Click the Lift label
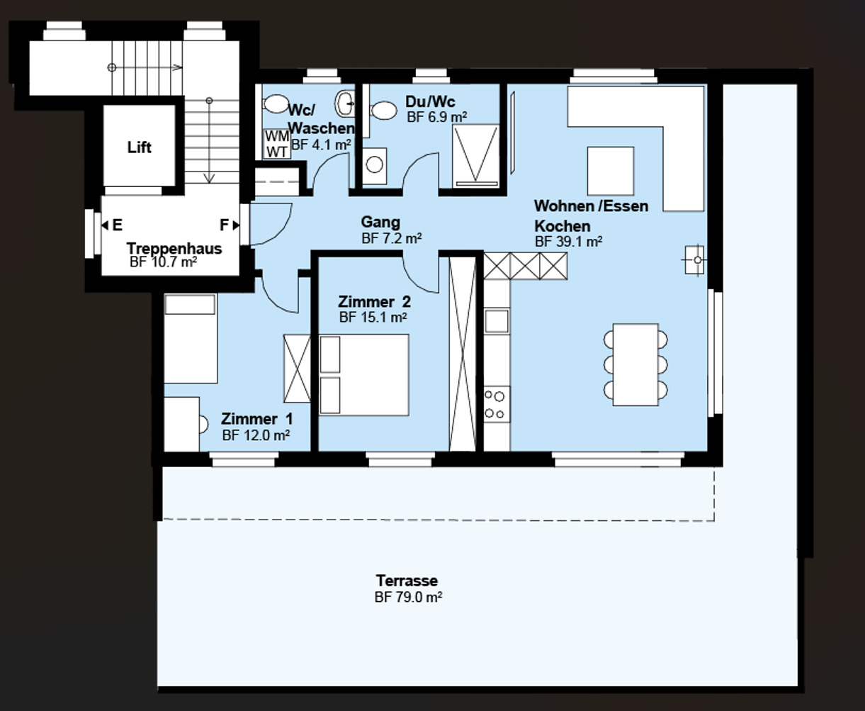[x=140, y=147]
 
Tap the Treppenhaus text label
[x=174, y=249]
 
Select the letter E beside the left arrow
[x=117, y=225]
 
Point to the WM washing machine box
[x=276, y=136]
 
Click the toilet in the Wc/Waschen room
[x=275, y=104]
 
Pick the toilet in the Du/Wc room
[x=384, y=111]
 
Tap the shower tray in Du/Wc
[x=476, y=156]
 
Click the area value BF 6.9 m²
[x=436, y=117]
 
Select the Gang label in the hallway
[x=380, y=223]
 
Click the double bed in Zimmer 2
[x=364, y=374]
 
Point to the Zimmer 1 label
[x=256, y=419]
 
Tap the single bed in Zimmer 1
[x=190, y=339]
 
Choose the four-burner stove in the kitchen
[x=497, y=405]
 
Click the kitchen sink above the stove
[x=497, y=320]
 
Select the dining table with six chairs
[x=635, y=364]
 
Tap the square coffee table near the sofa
[x=610, y=171]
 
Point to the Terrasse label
[x=407, y=581]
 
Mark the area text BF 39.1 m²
[x=568, y=241]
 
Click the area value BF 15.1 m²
[x=373, y=318]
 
